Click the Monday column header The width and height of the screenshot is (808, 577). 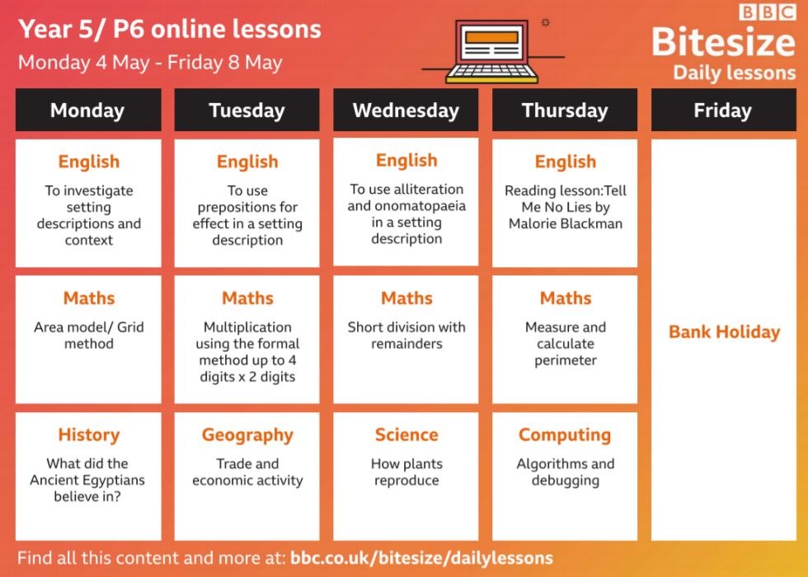(88, 110)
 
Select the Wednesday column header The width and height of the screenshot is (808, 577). (406, 110)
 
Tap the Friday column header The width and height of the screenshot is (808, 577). (724, 110)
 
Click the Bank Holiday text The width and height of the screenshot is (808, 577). (724, 331)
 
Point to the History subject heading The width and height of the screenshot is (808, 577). (89, 434)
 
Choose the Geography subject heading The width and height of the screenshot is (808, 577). (247, 435)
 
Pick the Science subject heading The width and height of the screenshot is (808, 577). (406, 434)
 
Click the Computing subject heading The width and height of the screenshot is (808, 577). (565, 435)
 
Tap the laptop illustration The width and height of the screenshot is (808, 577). (491, 51)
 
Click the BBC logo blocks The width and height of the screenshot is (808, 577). (768, 12)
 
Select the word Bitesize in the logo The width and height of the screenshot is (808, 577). (724, 41)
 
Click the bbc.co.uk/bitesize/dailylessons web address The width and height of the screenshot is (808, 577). (421, 558)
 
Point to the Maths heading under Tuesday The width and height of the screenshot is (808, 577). (247, 298)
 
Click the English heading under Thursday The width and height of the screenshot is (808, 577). (566, 162)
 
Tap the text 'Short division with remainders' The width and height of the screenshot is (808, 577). (406, 335)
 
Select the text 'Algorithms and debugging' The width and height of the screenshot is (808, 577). (566, 472)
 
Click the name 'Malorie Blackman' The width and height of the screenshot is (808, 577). (566, 223)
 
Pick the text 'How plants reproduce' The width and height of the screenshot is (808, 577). (406, 472)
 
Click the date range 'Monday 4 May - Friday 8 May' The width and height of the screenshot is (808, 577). (150, 63)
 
